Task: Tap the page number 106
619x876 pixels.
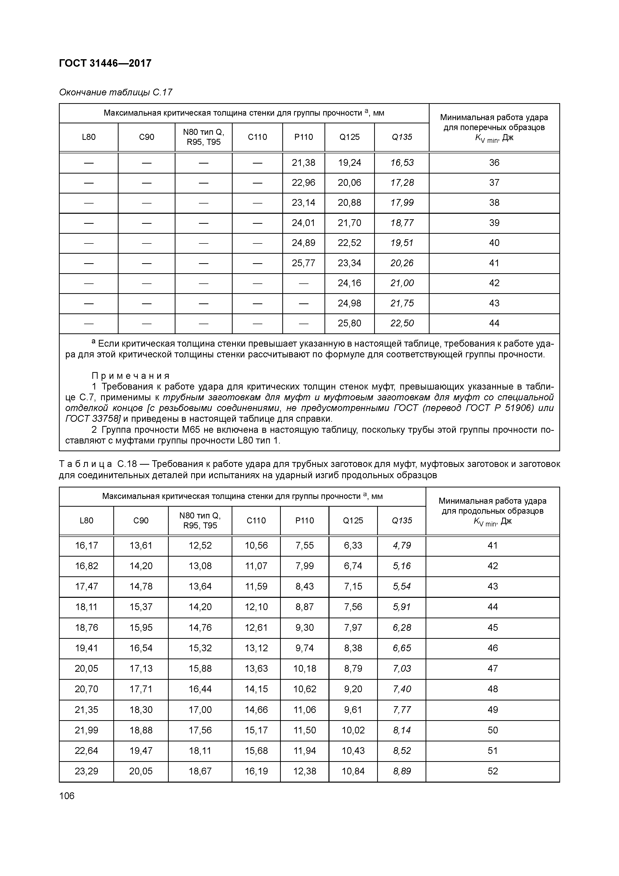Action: (67, 796)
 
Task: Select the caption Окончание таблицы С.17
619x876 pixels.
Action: (116, 92)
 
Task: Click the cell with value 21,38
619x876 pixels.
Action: (304, 163)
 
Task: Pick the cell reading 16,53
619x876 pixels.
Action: (402, 163)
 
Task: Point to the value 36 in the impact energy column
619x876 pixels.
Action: (494, 163)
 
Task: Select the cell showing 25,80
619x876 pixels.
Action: (349, 324)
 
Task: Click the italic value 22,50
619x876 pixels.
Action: (402, 324)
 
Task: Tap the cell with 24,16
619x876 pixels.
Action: (349, 283)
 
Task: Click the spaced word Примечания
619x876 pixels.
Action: (131, 376)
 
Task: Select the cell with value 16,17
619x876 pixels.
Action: (87, 546)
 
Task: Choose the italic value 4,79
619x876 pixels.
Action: (402, 546)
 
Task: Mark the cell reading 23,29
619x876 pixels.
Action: (87, 771)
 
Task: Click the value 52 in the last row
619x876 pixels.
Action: (493, 771)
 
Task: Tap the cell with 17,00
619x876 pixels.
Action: (200, 710)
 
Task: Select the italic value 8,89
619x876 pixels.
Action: (402, 771)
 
